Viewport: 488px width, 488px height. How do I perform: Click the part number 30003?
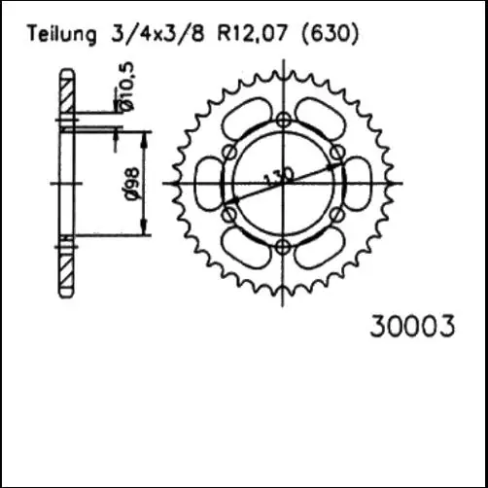click(x=411, y=328)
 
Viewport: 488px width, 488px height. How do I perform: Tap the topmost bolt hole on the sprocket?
click(x=283, y=120)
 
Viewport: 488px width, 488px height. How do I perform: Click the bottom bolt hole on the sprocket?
click(x=283, y=245)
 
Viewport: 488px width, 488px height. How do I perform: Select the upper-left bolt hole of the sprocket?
click(x=228, y=152)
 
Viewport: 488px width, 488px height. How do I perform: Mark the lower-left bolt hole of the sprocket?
click(x=228, y=214)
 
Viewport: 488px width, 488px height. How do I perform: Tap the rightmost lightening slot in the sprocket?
click(x=357, y=183)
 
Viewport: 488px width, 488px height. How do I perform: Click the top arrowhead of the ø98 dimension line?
click(x=146, y=134)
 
